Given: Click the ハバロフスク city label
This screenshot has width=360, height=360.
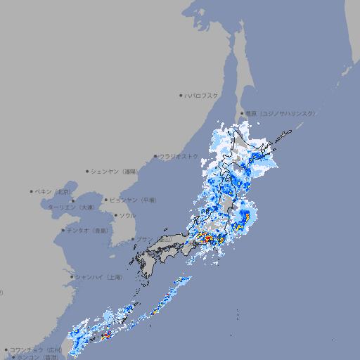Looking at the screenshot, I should [x=202, y=95].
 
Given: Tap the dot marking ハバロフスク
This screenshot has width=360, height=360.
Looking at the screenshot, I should [x=181, y=95].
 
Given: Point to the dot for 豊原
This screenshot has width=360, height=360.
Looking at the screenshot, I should [x=242, y=113].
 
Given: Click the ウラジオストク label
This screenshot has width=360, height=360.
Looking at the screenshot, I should [x=179, y=156].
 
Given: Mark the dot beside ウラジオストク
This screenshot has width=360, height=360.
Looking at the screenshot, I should [x=155, y=156].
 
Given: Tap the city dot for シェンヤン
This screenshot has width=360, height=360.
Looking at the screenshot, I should [x=88, y=171].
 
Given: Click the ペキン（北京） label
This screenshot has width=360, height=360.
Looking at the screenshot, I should [x=55, y=191].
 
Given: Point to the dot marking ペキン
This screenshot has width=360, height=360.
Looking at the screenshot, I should [x=32, y=191].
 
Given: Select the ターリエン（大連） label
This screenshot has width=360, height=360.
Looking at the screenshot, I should [x=71, y=207].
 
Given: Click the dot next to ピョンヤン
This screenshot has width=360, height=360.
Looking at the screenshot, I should [x=106, y=200].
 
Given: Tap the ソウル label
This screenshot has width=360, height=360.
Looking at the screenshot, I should [x=127, y=215].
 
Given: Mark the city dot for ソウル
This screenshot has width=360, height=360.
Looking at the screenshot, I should [x=115, y=215].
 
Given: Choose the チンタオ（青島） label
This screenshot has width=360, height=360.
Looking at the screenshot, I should [x=88, y=230].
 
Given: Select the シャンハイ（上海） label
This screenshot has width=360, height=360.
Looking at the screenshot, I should [x=98, y=277].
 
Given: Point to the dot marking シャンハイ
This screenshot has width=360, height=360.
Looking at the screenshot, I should [x=72, y=277].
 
